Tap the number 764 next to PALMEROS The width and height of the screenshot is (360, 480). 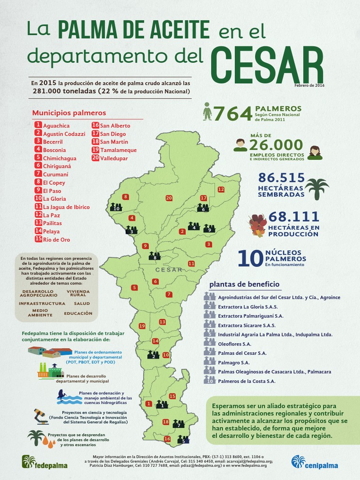pyautogui.click(x=232, y=113)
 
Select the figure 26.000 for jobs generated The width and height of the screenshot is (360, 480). pyautogui.click(x=276, y=145)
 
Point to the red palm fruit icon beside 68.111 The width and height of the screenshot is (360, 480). pyautogui.click(x=257, y=225)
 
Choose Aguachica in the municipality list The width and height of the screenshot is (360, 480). pyautogui.click(x=56, y=126)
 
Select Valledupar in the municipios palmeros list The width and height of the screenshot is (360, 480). pyautogui.click(x=113, y=158)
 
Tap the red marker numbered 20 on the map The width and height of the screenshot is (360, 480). pyautogui.click(x=169, y=198)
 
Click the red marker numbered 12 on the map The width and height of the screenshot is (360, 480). pyautogui.click(x=221, y=189)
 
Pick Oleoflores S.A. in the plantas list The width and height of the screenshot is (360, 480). pyautogui.click(x=234, y=344)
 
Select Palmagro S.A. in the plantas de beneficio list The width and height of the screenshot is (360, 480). pyautogui.click(x=233, y=362)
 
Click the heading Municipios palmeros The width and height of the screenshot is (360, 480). pyautogui.click(x=69, y=113)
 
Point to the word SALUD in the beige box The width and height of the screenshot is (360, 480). pyautogui.click(x=82, y=303)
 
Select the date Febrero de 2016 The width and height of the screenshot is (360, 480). pyautogui.click(x=309, y=85)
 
